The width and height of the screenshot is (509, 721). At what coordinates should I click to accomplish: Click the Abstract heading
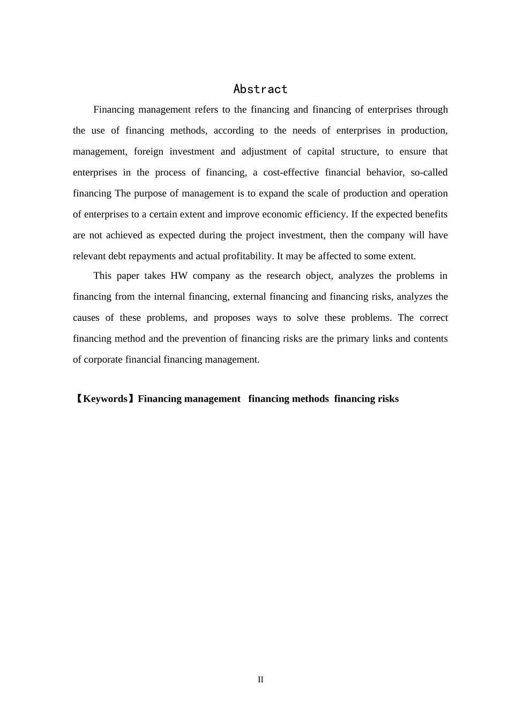pos(260,89)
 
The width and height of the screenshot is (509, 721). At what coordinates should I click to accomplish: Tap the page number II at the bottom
pos(260,680)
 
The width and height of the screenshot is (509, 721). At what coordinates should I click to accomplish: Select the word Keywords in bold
pos(106,399)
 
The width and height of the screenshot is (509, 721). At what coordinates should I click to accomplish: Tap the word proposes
pos(232,318)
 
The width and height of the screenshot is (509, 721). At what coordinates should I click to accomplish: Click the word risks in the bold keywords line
pos(388,399)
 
